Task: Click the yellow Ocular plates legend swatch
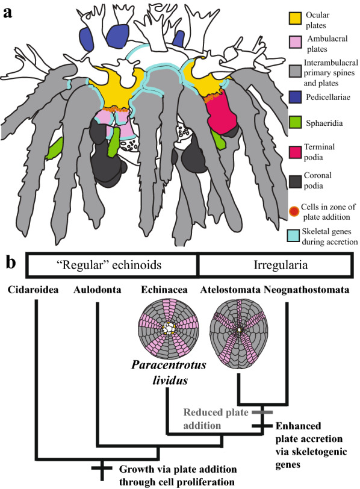[294, 18]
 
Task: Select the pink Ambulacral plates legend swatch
[294, 42]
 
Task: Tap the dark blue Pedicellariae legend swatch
[294, 97]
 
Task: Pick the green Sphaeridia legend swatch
[294, 122]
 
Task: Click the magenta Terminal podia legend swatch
[294, 152]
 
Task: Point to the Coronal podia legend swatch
[294, 181]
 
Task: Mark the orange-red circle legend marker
[294, 211]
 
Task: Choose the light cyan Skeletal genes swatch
[293, 236]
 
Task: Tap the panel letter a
[8, 13]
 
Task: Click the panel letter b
[11, 263]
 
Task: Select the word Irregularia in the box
[280, 265]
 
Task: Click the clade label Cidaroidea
[33, 290]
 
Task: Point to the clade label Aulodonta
[98, 290]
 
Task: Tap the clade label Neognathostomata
[306, 290]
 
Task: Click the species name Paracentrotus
[169, 364]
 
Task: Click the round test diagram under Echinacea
[169, 328]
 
